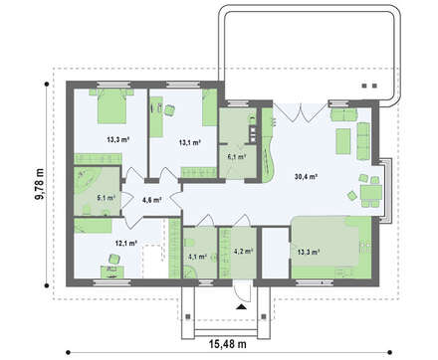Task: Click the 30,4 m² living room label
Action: tap(307, 177)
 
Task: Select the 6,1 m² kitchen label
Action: tap(237, 157)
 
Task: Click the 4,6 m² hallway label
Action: tap(152, 200)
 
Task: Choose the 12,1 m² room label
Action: tap(123, 243)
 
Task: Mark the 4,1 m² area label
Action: tap(197, 256)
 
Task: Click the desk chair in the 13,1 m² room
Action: tap(170, 109)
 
